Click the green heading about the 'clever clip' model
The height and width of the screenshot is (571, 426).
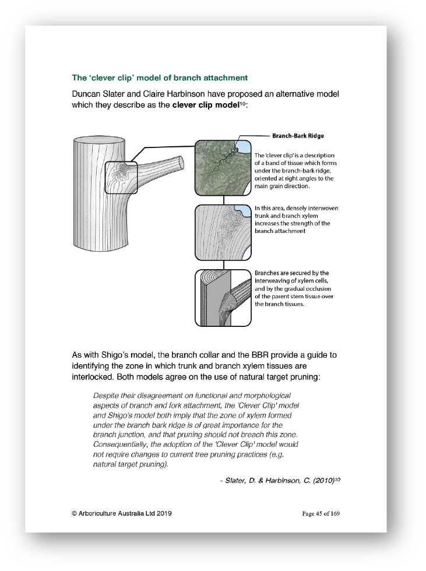(159, 77)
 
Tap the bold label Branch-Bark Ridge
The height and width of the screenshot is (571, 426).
(298, 136)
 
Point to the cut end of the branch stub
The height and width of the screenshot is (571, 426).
(180, 161)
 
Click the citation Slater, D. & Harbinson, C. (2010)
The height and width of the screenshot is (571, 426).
(277, 480)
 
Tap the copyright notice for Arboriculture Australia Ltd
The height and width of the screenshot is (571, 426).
(121, 513)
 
